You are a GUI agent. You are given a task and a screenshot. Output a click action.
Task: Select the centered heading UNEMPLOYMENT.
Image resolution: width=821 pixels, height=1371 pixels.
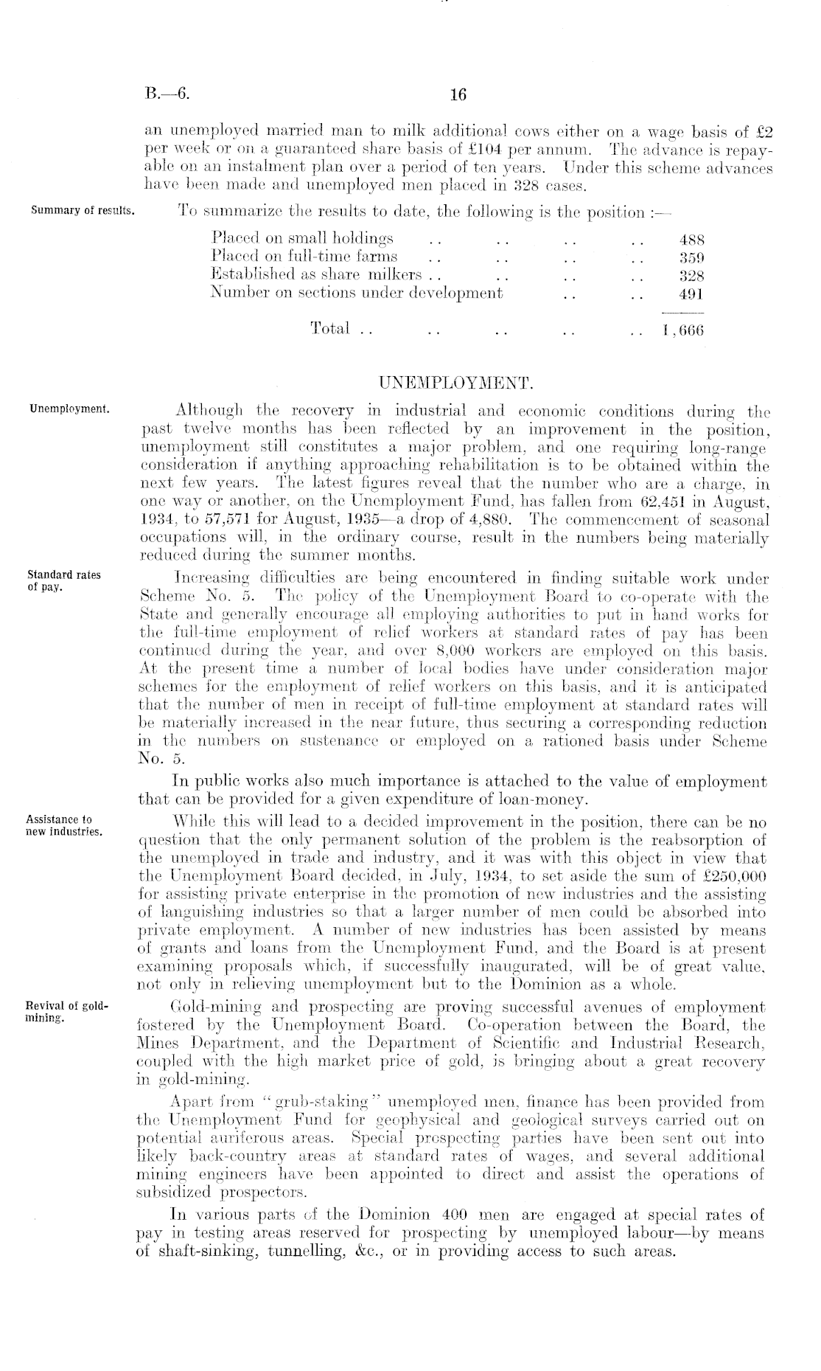tap(454, 383)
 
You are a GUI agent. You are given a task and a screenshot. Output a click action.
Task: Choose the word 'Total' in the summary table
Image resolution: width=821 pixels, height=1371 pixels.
tap(330, 328)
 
